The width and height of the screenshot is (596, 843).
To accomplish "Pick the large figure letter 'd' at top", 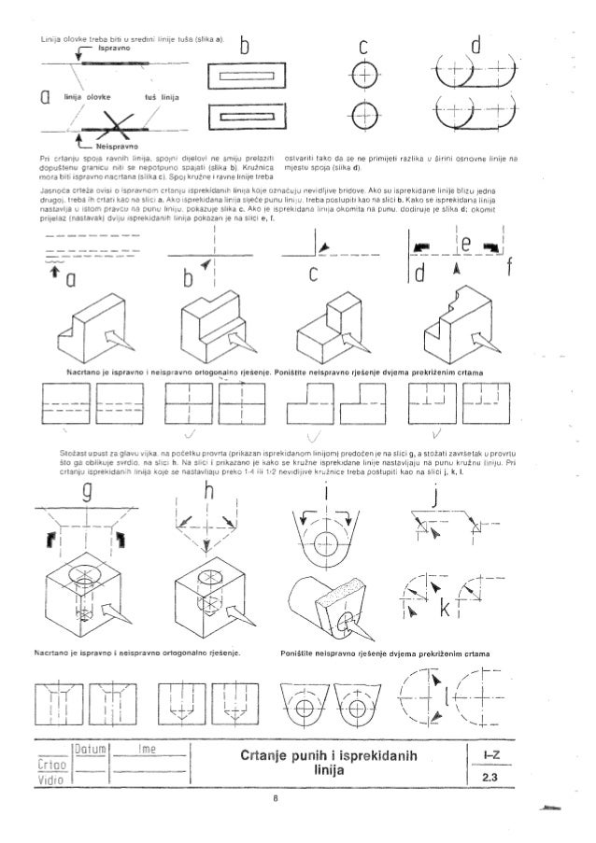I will click(477, 43).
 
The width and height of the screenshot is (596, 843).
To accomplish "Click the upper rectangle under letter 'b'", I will click(248, 75).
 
